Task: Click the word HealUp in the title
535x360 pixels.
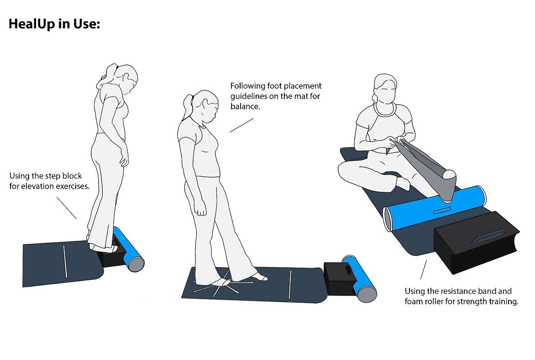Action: click(x=32, y=24)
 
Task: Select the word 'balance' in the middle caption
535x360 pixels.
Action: click(x=244, y=106)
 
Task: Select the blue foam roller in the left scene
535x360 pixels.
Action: click(x=129, y=249)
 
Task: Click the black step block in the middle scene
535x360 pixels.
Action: click(x=340, y=278)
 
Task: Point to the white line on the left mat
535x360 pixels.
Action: click(x=65, y=261)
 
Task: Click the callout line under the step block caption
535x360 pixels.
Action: click(x=66, y=208)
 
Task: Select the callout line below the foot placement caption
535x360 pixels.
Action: click(x=241, y=125)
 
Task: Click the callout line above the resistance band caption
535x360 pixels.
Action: click(x=424, y=270)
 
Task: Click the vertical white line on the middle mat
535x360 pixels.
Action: click(x=290, y=285)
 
